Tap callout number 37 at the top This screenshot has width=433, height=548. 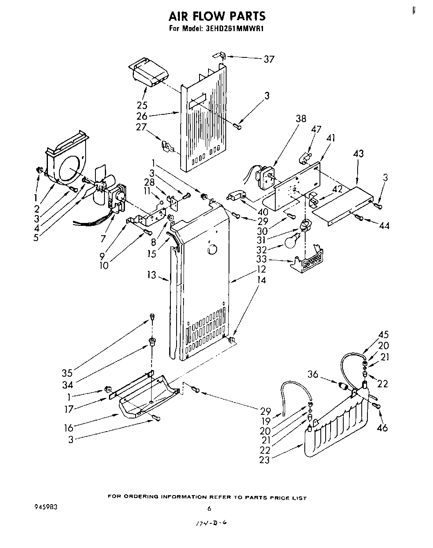pyautogui.click(x=269, y=59)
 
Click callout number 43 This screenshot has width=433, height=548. pyautogui.click(x=358, y=154)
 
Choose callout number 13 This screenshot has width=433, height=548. pyautogui.click(x=152, y=275)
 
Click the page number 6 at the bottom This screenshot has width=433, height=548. pyautogui.click(x=209, y=509)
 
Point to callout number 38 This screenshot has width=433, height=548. pyautogui.click(x=301, y=119)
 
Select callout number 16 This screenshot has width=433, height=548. pyautogui.click(x=68, y=428)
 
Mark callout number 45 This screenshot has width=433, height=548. pyautogui.click(x=383, y=334)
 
